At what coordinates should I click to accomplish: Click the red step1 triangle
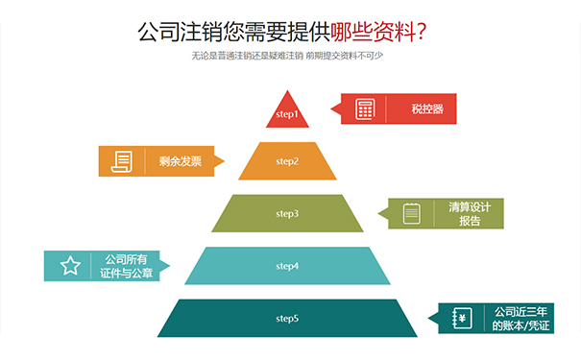(x=288, y=113)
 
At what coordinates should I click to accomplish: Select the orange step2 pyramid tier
(x=288, y=161)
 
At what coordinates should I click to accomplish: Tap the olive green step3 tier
(x=288, y=213)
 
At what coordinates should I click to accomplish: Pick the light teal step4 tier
(x=288, y=265)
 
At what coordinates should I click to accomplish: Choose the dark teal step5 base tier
(x=288, y=318)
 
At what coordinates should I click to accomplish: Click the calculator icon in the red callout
(x=365, y=108)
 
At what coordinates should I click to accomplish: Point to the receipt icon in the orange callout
(x=122, y=161)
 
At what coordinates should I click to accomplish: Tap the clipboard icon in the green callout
(x=411, y=213)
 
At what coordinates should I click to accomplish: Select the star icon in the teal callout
(x=70, y=266)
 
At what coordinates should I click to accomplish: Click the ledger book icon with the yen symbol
(x=461, y=319)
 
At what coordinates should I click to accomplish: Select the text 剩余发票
(x=182, y=161)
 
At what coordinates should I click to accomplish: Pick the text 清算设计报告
(x=470, y=213)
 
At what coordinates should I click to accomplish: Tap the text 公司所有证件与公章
(x=125, y=266)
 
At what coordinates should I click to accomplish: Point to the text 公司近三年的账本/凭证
(x=520, y=319)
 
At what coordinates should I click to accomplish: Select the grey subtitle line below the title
(x=288, y=55)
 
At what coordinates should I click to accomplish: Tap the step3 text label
(x=288, y=213)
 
